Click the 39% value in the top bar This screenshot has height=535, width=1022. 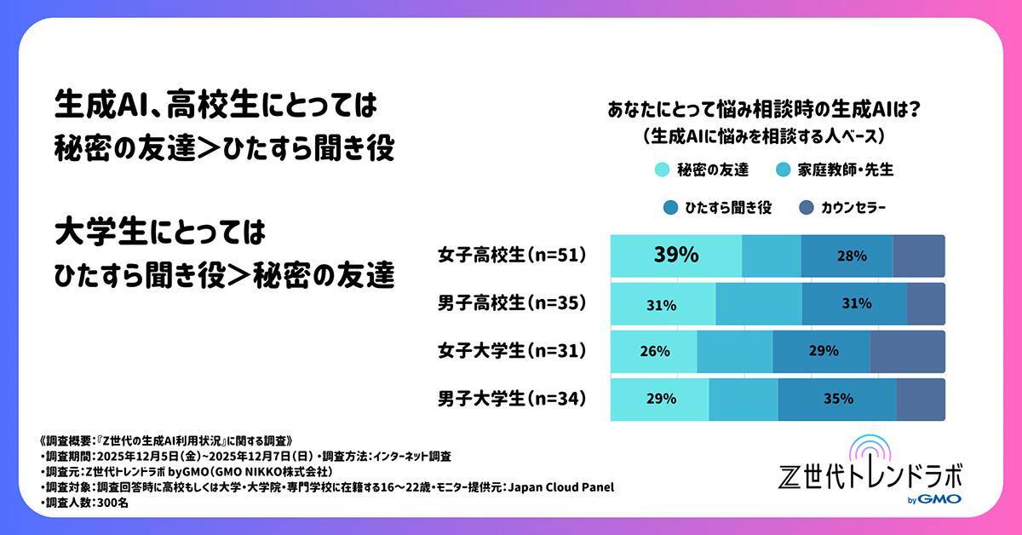pyautogui.click(x=676, y=255)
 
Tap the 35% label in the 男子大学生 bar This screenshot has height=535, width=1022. pyautogui.click(x=836, y=399)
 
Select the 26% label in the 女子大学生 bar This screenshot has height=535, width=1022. pyautogui.click(x=654, y=351)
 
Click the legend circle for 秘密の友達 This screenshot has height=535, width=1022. pyautogui.click(x=661, y=170)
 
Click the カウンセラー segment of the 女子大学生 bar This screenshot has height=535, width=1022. pyautogui.click(x=907, y=352)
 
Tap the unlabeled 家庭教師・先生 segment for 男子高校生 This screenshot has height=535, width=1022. pyautogui.click(x=758, y=304)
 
